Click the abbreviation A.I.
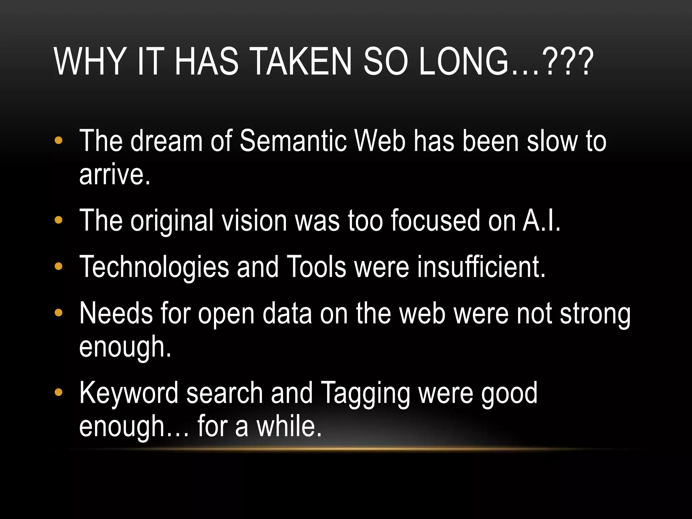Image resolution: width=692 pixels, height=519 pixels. pos(541,221)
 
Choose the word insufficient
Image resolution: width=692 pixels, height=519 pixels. pos(481,267)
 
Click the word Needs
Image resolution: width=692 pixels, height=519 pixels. pos(116,313)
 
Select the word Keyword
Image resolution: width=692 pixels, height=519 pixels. pos(128,393)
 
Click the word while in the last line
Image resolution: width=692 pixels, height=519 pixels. pos(289,426)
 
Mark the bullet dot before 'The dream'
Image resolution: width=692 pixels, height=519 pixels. pos(58,141)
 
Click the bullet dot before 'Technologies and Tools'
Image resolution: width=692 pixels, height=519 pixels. pos(58,267)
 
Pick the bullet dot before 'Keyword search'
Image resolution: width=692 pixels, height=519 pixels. pos(58,393)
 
